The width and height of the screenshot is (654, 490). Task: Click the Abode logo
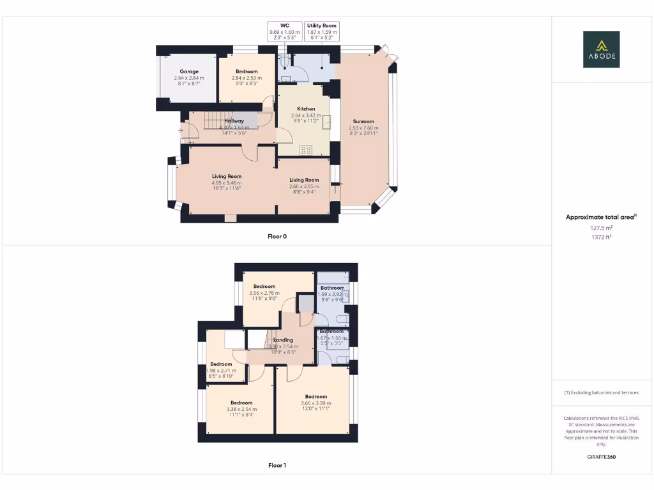coord(601,49)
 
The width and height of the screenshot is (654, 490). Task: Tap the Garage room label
coord(189,71)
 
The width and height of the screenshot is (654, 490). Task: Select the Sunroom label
coord(363,121)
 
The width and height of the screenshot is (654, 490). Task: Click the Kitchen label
coord(306,109)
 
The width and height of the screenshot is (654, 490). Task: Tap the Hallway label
coord(234,121)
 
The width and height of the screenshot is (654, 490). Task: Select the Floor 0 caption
coord(277,236)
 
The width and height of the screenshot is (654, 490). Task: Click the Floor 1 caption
coord(277,466)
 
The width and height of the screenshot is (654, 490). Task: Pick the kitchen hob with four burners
coord(306,150)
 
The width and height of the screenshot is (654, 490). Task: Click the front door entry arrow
coord(181,131)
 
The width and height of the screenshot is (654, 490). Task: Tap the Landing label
coord(283,340)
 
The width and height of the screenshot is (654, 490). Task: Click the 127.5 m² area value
coord(601,227)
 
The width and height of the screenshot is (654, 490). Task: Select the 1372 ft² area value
coord(601,237)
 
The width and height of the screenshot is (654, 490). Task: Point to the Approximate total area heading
coord(600,217)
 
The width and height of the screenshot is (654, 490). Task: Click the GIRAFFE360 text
coord(601,457)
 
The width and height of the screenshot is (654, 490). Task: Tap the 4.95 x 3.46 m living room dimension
coord(227,183)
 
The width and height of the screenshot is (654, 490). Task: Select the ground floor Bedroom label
coord(247,71)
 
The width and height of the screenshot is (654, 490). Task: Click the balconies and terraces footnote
coord(601,392)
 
